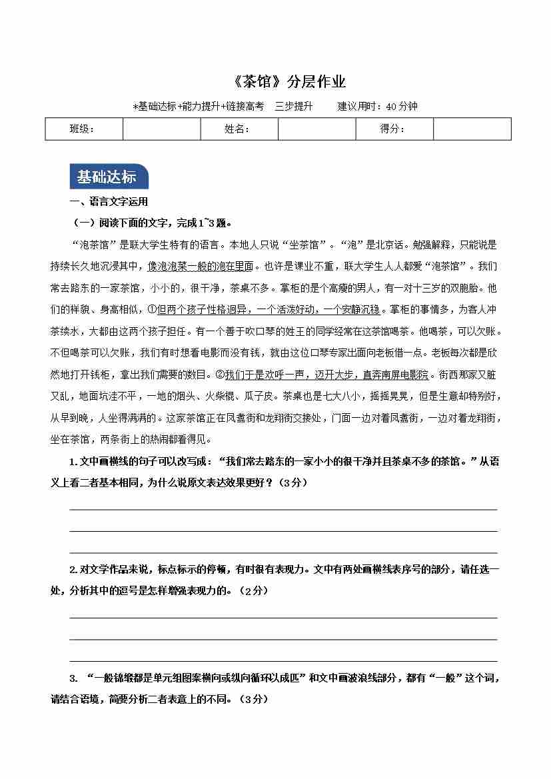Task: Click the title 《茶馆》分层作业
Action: click(x=281, y=83)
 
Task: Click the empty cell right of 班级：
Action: click(x=161, y=129)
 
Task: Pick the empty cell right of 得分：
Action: click(x=472, y=129)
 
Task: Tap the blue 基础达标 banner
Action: click(x=107, y=177)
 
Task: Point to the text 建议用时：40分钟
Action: click(x=377, y=106)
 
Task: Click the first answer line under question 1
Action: click(x=283, y=508)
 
